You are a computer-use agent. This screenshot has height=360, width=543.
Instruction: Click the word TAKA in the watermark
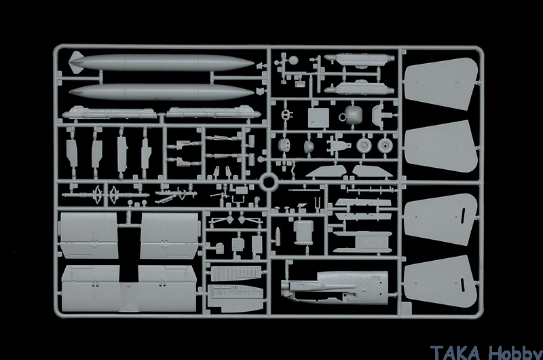click(455, 353)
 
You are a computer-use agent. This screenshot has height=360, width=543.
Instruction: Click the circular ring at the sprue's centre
click(269, 183)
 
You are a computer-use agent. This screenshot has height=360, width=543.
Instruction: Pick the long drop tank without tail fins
click(162, 92)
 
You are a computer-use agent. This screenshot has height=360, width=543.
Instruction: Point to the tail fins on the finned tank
click(77, 62)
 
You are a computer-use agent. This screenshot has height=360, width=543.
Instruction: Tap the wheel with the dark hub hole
click(364, 146)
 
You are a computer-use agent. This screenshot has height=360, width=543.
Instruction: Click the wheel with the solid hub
click(386, 146)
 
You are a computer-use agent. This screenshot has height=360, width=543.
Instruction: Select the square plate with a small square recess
click(318, 118)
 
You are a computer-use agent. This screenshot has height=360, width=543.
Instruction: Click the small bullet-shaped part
click(278, 236)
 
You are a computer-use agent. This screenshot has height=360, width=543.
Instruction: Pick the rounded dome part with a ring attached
click(352, 115)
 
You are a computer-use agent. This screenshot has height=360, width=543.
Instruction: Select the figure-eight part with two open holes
click(286, 115)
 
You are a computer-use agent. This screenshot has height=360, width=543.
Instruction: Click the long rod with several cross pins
click(371, 190)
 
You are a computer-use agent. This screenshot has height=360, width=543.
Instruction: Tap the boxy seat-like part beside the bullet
click(303, 231)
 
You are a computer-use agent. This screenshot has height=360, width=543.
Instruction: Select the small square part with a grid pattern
click(238, 243)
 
